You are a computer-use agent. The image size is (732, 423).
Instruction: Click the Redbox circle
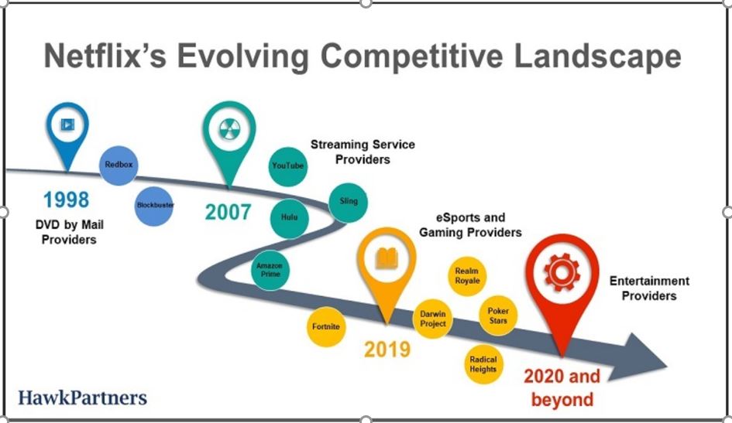[x=119, y=165]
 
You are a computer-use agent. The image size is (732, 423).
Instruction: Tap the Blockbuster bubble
[x=154, y=206]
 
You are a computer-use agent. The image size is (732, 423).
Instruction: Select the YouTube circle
[x=288, y=166]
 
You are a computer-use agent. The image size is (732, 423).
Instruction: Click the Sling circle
[x=349, y=203]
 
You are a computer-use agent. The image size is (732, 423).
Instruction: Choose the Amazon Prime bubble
[x=270, y=270]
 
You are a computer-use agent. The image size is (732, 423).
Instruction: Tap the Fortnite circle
[x=326, y=326]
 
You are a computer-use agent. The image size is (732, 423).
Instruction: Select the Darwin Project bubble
[x=433, y=319]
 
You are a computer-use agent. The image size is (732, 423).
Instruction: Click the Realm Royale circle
[x=467, y=276]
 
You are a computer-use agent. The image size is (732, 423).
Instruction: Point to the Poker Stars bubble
[x=498, y=316]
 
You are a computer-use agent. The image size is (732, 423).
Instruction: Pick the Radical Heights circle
[x=483, y=364]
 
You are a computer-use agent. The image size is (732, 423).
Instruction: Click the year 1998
[x=66, y=200]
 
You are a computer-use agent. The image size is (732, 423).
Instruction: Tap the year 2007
[x=229, y=213]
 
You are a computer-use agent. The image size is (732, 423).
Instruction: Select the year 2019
[x=387, y=350]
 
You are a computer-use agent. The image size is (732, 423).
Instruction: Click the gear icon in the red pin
[x=562, y=272]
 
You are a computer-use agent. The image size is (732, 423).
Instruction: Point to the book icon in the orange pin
[x=387, y=258]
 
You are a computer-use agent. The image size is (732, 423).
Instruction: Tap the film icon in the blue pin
[x=67, y=125]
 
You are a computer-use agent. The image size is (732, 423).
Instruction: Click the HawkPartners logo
[x=83, y=397]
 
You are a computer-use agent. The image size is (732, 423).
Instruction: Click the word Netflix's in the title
[x=105, y=56]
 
